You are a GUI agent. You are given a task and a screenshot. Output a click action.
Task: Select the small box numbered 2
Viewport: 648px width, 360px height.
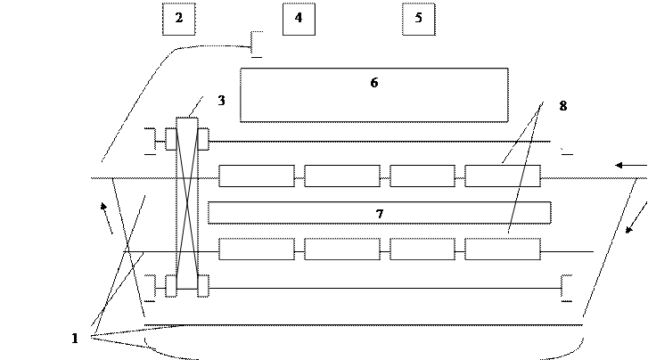click(178, 19)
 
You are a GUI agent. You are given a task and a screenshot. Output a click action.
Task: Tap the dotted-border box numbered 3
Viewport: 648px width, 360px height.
click(225, 102)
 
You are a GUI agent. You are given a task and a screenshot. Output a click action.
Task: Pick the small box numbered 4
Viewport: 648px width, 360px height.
click(299, 19)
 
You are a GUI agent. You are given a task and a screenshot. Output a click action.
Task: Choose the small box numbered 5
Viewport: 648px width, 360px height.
click(418, 19)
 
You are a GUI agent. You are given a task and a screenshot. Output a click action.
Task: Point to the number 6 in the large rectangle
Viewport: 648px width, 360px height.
click(374, 83)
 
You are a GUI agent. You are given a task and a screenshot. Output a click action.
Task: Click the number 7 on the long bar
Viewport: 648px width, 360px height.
click(380, 214)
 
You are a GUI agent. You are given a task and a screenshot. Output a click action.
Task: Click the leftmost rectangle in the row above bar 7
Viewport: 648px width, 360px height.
click(256, 176)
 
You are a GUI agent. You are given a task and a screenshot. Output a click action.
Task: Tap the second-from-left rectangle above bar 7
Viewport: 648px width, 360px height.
click(341, 176)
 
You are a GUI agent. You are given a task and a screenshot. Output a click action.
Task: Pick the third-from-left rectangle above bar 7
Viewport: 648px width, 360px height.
click(422, 176)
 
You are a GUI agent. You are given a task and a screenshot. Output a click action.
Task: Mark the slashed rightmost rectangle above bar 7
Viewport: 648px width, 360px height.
click(502, 176)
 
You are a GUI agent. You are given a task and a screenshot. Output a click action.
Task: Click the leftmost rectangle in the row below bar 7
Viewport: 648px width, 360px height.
click(256, 249)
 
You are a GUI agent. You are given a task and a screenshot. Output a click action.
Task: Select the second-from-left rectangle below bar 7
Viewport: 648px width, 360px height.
click(341, 249)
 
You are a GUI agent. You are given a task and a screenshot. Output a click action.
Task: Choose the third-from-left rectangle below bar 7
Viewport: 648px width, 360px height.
click(422, 249)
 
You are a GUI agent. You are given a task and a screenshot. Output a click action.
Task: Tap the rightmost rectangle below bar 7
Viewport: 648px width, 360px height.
click(502, 249)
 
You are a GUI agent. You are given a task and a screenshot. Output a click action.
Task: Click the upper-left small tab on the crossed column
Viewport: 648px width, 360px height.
click(171, 140)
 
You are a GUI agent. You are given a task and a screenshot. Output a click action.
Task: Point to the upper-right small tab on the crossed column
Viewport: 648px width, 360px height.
click(203, 140)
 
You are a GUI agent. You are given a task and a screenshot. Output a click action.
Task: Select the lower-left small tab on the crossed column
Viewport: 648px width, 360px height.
click(171, 285)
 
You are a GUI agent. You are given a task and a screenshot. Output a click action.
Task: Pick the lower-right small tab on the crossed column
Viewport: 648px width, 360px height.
click(203, 285)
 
